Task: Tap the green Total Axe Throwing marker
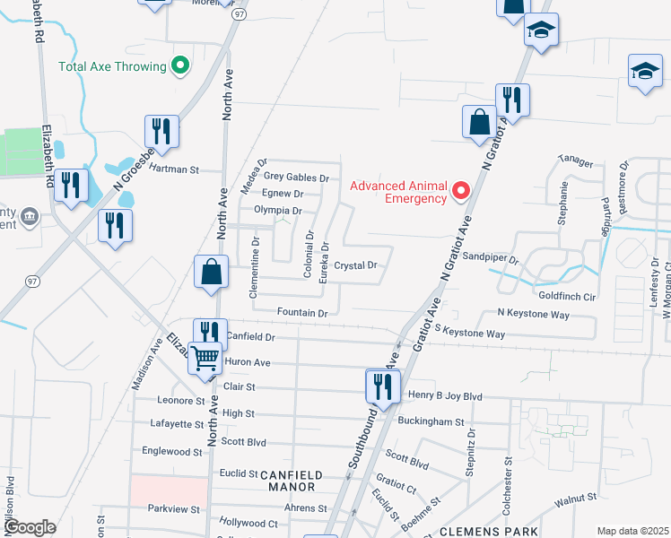click(179, 65)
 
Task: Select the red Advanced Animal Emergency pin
click(461, 190)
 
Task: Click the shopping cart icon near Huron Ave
click(205, 358)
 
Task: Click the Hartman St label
click(173, 169)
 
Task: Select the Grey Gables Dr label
click(295, 178)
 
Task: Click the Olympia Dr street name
click(277, 210)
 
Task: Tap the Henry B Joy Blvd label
click(445, 395)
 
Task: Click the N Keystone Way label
click(534, 315)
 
